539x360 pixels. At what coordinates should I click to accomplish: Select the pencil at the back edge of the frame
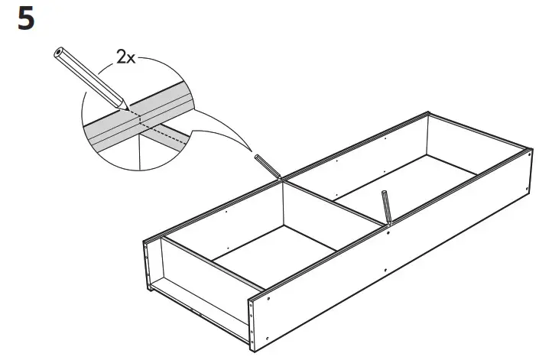point(264,164)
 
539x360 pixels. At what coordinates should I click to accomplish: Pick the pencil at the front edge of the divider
point(387,206)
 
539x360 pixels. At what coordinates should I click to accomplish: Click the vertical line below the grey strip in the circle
point(140,152)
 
